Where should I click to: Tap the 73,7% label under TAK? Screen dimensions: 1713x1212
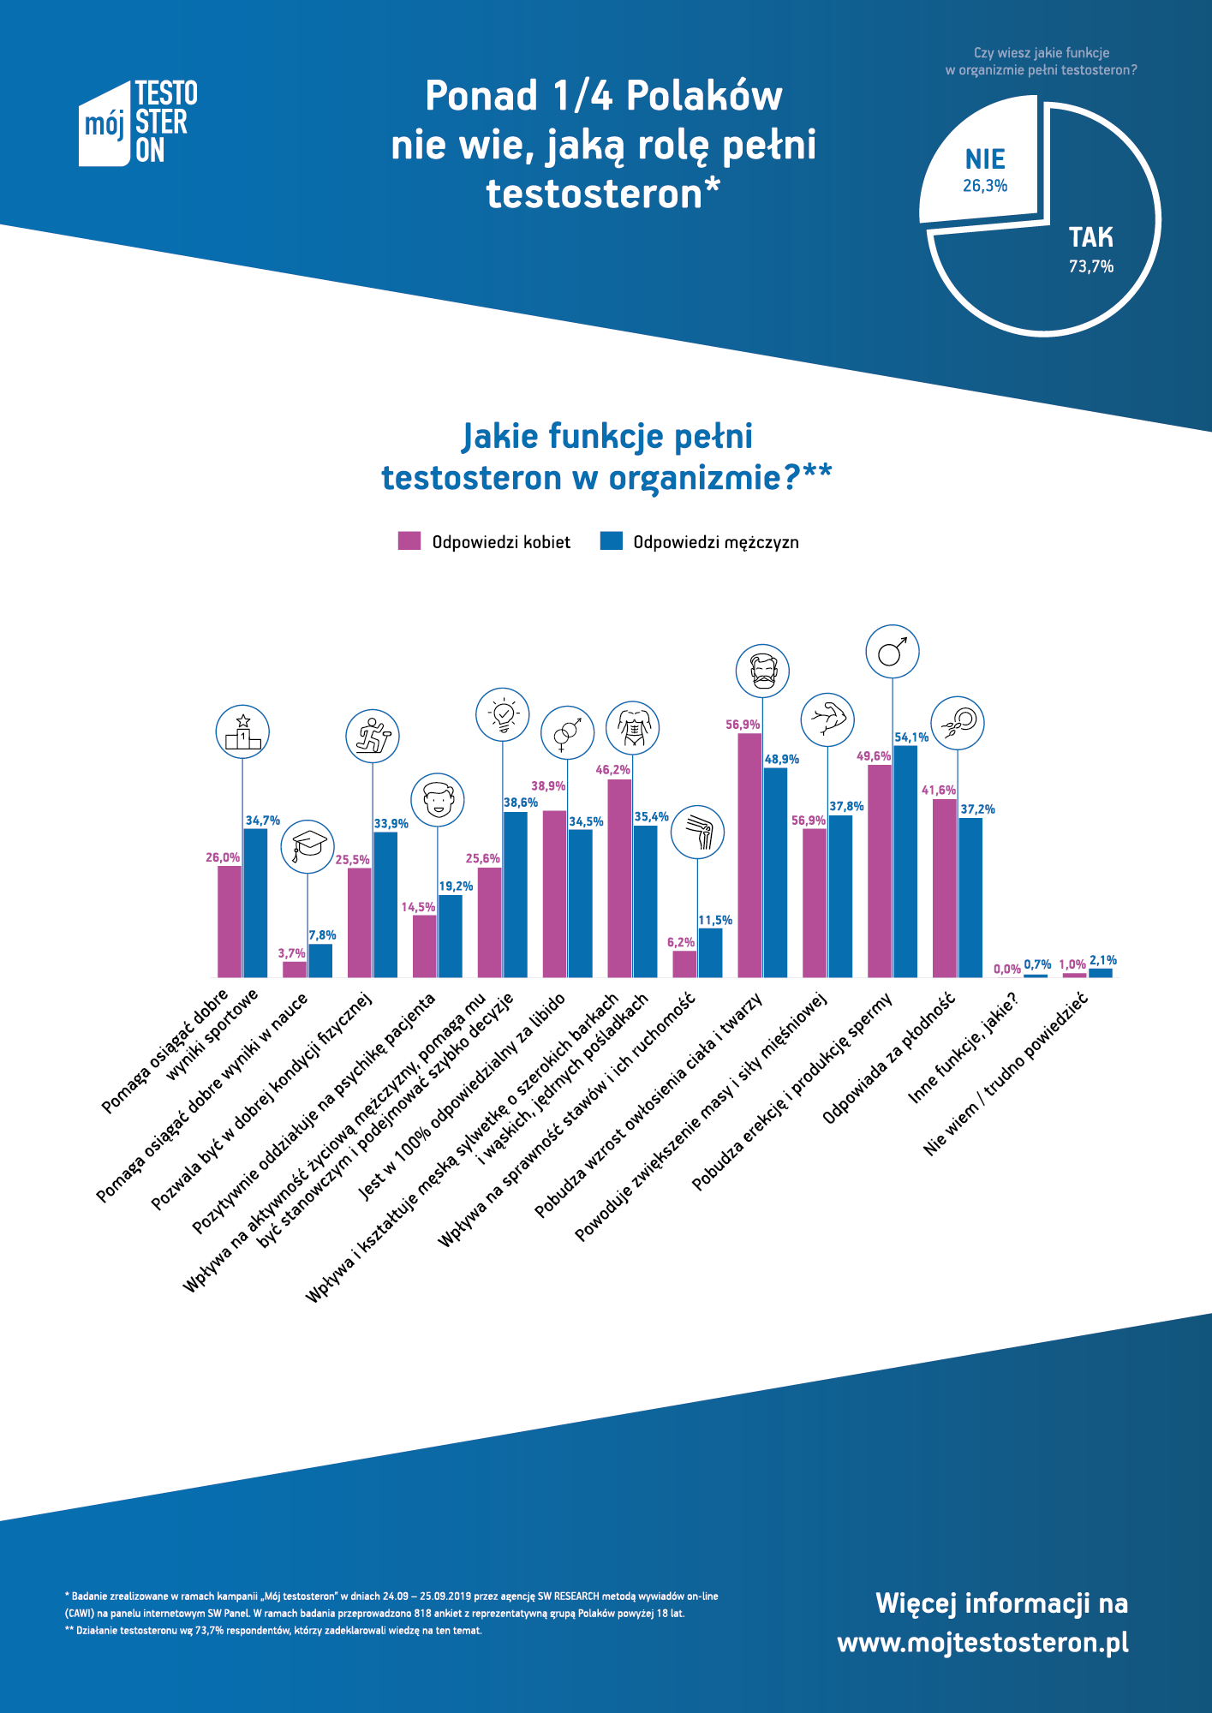[1090, 266]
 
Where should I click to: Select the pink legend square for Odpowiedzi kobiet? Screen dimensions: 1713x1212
[409, 541]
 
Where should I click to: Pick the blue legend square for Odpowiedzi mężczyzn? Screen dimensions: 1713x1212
[611, 541]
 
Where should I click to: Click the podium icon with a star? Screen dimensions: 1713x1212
[242, 732]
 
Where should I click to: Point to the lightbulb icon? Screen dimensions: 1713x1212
[503, 714]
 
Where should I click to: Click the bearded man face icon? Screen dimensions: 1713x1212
[762, 671]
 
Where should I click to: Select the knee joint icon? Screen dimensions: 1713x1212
[697, 832]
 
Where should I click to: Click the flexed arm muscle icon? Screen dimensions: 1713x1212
[827, 719]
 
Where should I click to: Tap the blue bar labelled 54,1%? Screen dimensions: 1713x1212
[905, 861]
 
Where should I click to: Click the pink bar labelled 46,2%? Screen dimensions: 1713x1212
[619, 878]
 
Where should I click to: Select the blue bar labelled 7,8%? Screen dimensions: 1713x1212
[320, 960]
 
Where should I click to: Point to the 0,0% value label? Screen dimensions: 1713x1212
[1007, 970]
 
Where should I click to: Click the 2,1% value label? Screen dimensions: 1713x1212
[1103, 961]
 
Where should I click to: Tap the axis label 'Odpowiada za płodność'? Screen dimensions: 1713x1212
[888, 1059]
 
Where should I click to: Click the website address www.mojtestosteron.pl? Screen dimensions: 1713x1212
[982, 1643]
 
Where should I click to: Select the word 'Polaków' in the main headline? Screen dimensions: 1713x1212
[704, 96]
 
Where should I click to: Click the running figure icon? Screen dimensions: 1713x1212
[373, 736]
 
